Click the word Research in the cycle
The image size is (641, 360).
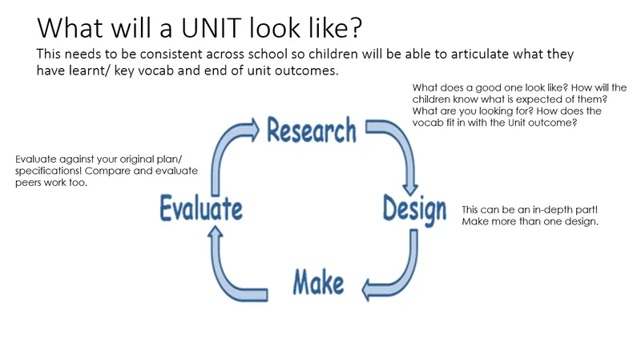[x=312, y=130]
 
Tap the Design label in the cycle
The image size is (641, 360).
[x=414, y=210]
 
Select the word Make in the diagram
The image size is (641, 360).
[x=318, y=282]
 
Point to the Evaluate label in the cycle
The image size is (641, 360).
[x=201, y=208]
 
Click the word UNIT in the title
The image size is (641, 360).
[x=211, y=28]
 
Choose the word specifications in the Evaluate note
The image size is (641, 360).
[x=48, y=171]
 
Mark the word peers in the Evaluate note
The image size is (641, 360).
[x=28, y=183]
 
